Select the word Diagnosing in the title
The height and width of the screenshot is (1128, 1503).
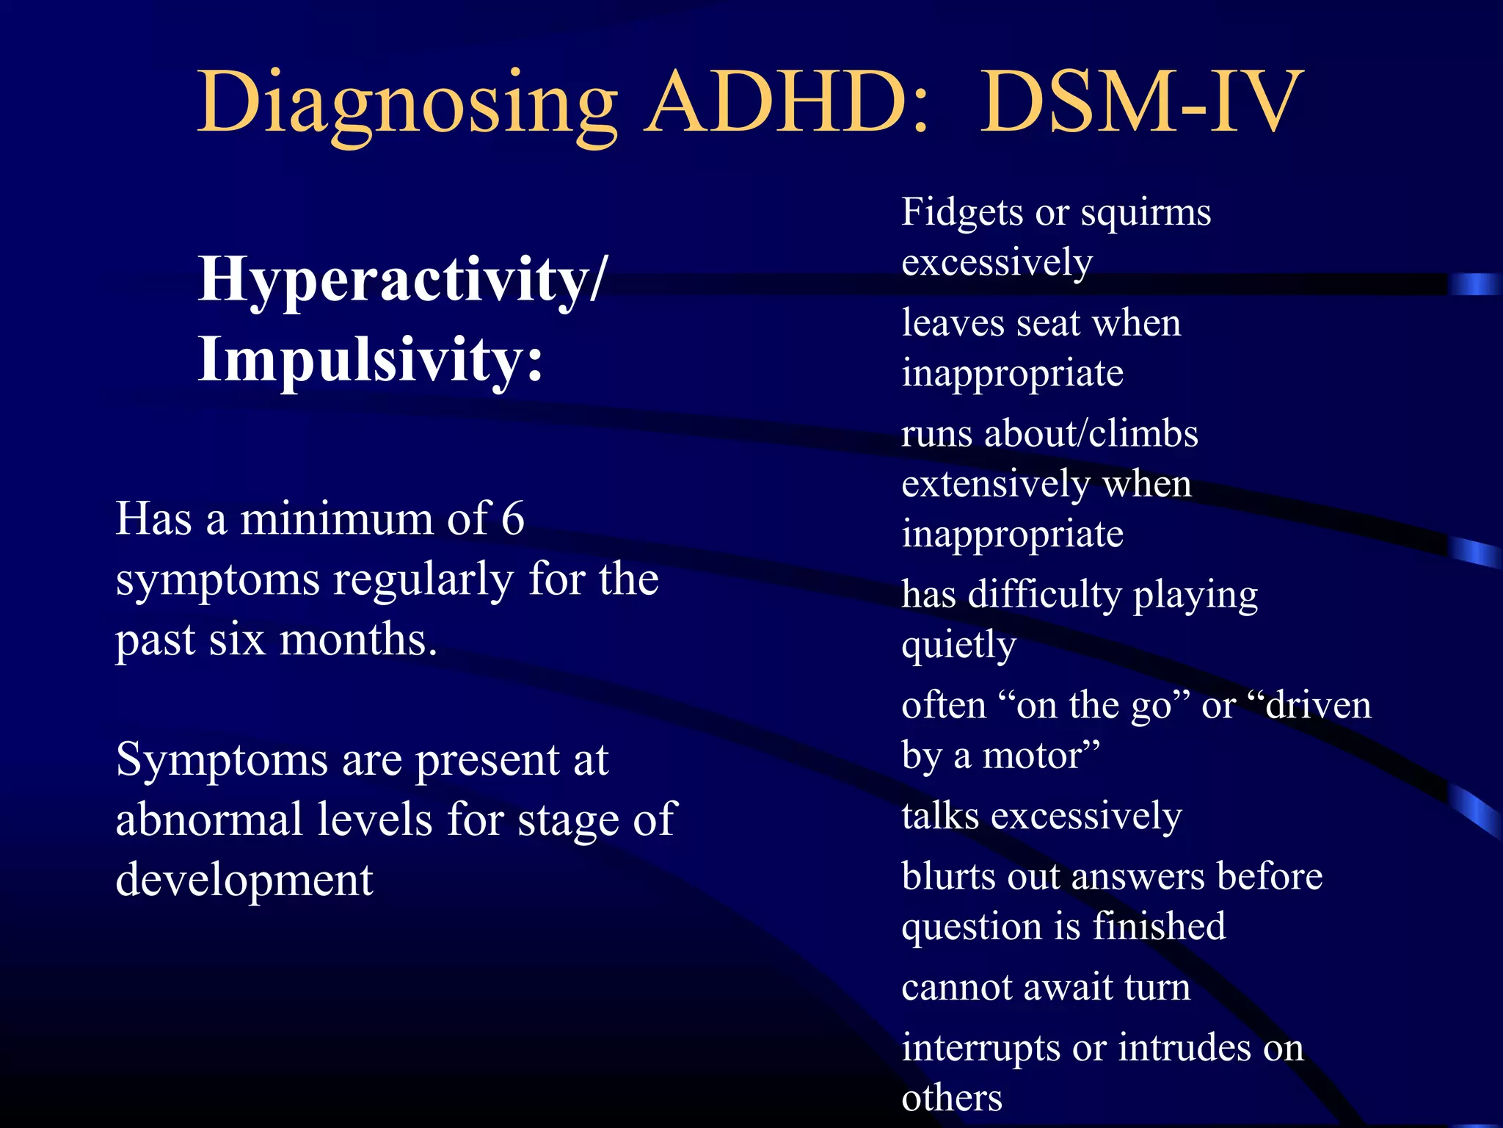[x=407, y=103]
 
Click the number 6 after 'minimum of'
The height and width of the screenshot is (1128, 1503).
[x=512, y=518]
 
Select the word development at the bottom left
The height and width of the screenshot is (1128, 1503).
[x=244, y=880]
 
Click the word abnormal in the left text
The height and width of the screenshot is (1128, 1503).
[x=209, y=819]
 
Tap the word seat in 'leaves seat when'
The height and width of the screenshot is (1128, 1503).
[x=1049, y=323]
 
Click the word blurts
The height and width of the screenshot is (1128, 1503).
[x=948, y=876]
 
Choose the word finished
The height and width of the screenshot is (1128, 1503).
[x=1159, y=926]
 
